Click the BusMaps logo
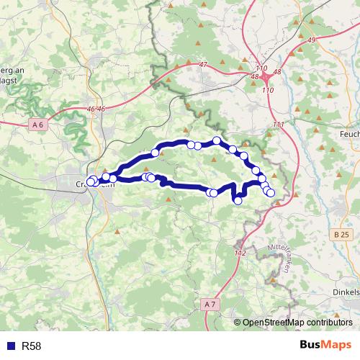(325, 346)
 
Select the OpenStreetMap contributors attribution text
(297, 323)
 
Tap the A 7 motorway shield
(210, 305)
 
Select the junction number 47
(203, 65)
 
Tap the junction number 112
(241, 253)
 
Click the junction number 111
(279, 125)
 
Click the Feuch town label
(348, 135)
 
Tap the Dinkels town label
(346, 292)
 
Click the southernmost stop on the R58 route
(238, 201)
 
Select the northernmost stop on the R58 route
(216, 140)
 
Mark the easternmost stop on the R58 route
(271, 192)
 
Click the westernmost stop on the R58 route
(90, 181)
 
